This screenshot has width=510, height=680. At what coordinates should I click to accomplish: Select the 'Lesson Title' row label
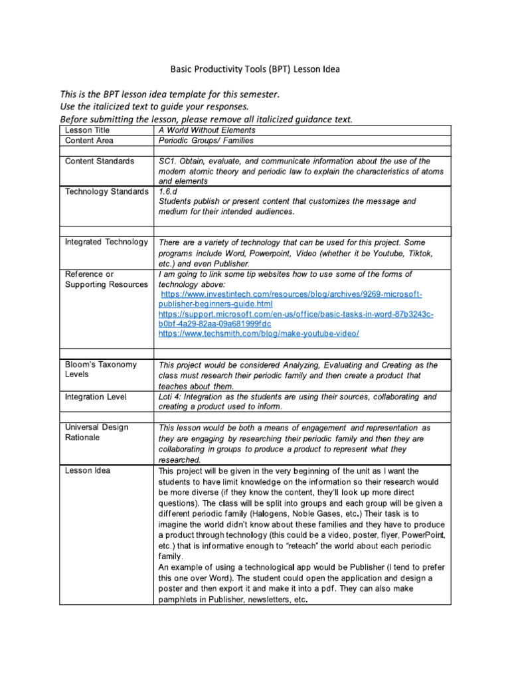(x=87, y=131)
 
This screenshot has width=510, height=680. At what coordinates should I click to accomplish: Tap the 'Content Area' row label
(x=89, y=141)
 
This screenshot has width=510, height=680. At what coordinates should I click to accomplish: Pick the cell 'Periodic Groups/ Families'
(x=206, y=141)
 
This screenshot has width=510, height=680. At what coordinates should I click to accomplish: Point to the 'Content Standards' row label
(x=100, y=161)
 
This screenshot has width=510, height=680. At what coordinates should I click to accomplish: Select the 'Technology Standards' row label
(x=107, y=192)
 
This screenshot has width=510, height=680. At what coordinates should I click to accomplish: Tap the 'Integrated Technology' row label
(x=106, y=242)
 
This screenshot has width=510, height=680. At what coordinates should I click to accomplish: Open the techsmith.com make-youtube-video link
(x=259, y=333)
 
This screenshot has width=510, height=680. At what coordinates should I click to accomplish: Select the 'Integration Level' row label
(x=96, y=396)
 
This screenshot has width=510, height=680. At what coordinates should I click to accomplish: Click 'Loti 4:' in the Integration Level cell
(x=171, y=396)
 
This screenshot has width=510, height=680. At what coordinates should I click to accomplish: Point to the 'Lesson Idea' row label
(x=88, y=471)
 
